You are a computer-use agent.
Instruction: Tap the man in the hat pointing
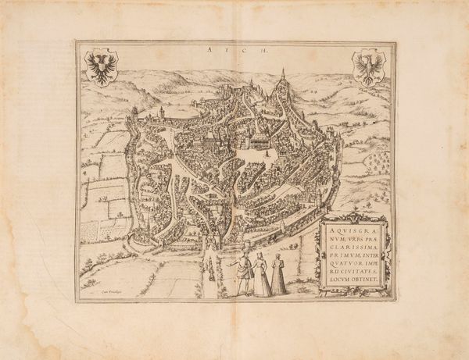[243, 273]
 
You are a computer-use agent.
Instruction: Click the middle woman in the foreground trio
[262, 277]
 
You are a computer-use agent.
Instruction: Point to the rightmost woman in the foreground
[279, 275]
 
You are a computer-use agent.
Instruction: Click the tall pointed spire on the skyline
[281, 76]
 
